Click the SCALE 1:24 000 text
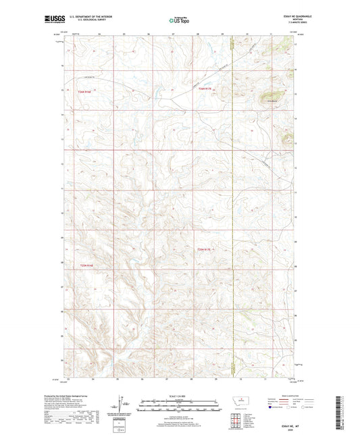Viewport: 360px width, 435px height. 178,396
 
